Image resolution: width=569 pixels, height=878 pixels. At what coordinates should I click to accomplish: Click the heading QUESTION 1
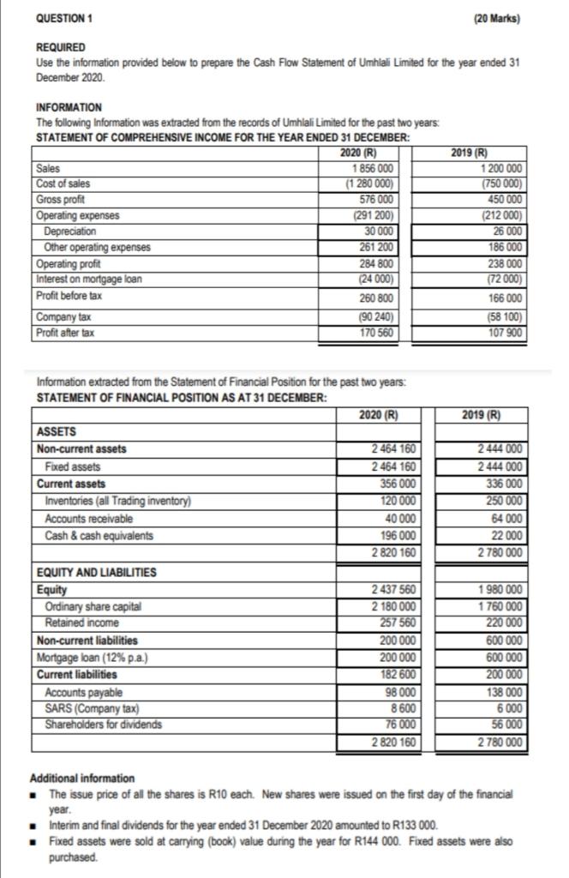(64, 17)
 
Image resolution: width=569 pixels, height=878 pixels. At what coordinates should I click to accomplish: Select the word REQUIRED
(60, 48)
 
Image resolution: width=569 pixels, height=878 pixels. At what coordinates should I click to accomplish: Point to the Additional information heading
(82, 778)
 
